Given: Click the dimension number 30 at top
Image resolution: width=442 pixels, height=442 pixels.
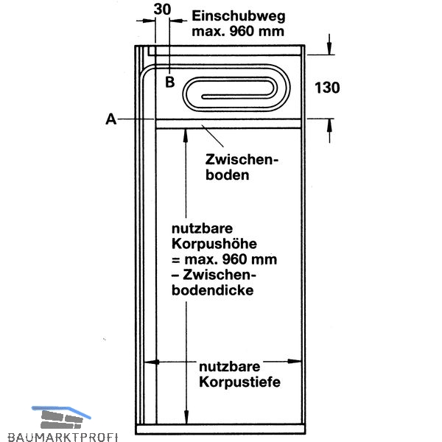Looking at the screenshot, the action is coord(162,10).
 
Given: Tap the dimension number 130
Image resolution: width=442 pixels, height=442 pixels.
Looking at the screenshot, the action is coord(327,88).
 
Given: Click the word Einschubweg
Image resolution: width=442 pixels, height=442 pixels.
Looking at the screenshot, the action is coord(239,17).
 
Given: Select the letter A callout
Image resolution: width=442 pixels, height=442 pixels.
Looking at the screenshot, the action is coord(110,119).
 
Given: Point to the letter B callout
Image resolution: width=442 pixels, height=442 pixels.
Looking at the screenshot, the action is coord(169,82).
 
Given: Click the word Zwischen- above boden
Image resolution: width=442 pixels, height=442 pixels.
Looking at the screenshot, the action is coord(242,160).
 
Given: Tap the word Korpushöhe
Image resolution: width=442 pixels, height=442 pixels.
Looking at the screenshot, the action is coord(214,244).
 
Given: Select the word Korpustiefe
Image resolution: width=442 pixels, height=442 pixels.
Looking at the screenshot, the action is coord(239,382).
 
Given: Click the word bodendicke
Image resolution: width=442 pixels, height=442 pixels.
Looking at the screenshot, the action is coord(213,290).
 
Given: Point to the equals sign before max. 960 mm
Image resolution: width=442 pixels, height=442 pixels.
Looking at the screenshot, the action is coord(176,260).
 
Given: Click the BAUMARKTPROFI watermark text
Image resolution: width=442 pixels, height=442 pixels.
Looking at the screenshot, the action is coord(63,437).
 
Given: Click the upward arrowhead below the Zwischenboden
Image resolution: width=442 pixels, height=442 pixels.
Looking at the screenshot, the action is coord(186,135).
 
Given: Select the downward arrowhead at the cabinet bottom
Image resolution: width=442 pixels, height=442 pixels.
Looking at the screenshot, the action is coord(186,417).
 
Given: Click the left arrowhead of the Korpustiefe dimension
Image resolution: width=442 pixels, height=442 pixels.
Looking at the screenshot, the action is coord(151,362).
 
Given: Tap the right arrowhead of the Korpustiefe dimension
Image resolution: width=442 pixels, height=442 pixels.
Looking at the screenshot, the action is coord(295,361).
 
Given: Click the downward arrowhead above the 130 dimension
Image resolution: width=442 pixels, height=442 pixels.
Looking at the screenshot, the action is coord(329,48).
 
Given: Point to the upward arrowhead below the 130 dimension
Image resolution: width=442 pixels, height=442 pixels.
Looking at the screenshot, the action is coord(329,125).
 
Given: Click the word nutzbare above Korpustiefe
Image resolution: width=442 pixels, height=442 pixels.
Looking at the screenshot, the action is coord(229,367).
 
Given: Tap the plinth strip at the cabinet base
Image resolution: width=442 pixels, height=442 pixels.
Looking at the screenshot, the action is coord(220,429).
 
